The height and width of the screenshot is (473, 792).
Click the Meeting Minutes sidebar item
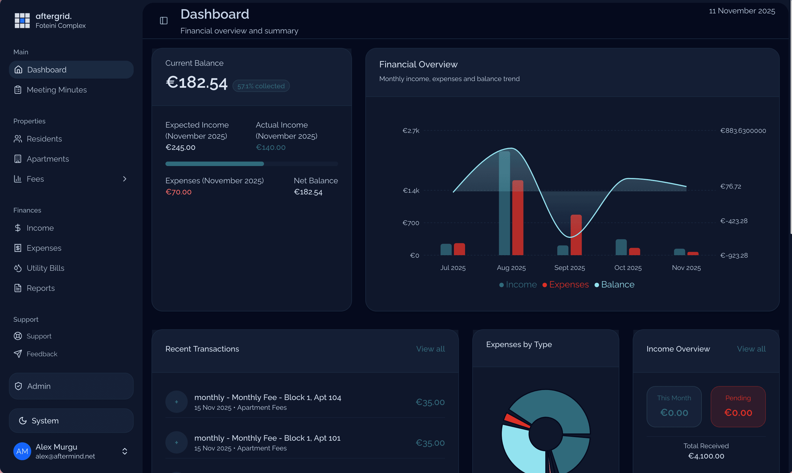pyautogui.click(x=56, y=90)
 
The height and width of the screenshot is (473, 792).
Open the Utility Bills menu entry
pyautogui.click(x=45, y=268)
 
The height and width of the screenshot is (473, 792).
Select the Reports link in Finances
pyautogui.click(x=40, y=288)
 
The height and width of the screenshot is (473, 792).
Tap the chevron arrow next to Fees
pyautogui.click(x=124, y=179)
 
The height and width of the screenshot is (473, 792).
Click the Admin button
pyautogui.click(x=71, y=386)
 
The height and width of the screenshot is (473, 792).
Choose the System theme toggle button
pyautogui.click(x=71, y=421)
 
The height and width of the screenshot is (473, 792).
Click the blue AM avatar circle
pyautogui.click(x=22, y=451)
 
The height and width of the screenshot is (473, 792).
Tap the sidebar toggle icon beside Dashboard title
pyautogui.click(x=163, y=21)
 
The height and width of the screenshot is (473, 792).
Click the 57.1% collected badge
pyautogui.click(x=261, y=86)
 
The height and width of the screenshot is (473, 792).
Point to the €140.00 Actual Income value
pyautogui.click(x=270, y=147)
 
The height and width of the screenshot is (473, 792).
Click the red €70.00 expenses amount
pyautogui.click(x=179, y=192)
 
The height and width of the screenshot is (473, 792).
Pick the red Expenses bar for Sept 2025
pyautogui.click(x=576, y=235)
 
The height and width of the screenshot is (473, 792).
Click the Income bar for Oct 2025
pyautogui.click(x=621, y=247)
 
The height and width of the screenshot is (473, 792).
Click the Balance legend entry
pyautogui.click(x=615, y=285)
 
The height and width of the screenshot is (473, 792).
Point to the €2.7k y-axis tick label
pyautogui.click(x=411, y=131)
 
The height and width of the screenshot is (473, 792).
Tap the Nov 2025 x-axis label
pyautogui.click(x=686, y=268)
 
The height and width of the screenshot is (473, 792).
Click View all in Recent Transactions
pyautogui.click(x=431, y=349)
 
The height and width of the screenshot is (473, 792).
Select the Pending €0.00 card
pyautogui.click(x=738, y=406)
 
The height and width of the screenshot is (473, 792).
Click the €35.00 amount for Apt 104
pyautogui.click(x=430, y=402)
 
